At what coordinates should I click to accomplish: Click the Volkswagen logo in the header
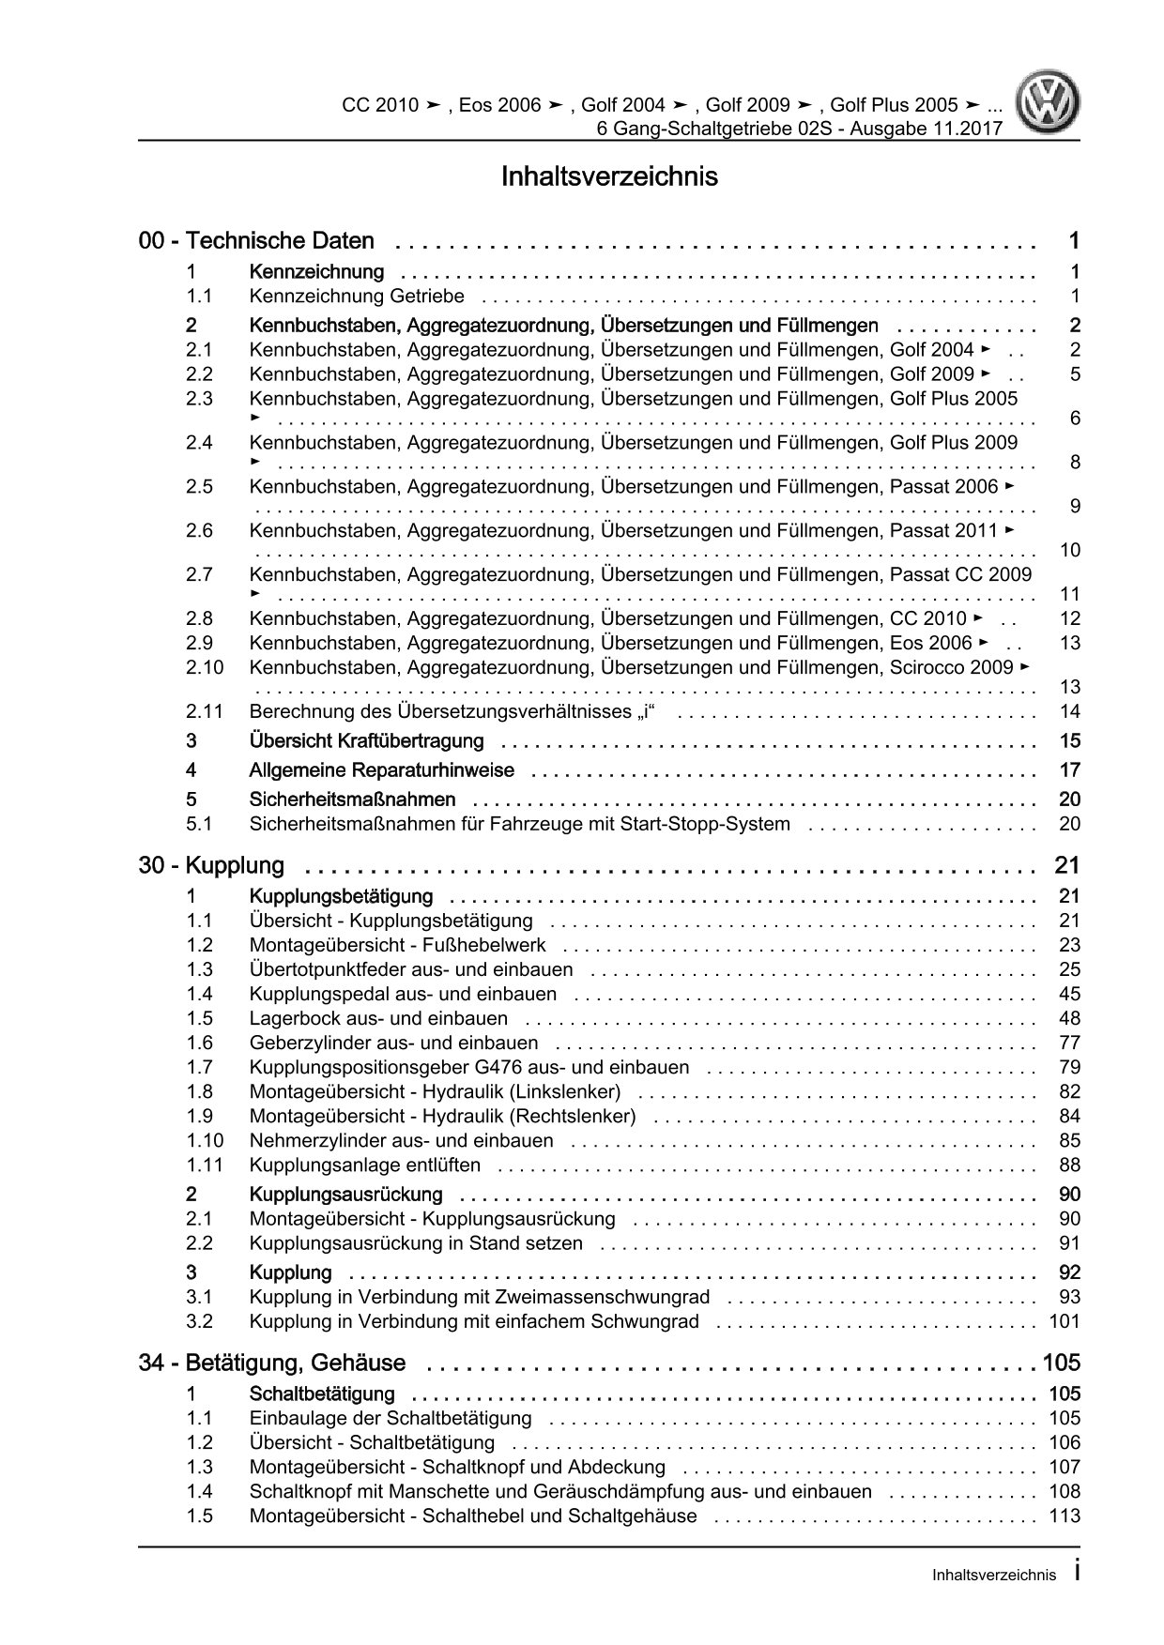tap(1051, 104)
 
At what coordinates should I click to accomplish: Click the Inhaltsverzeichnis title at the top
tap(609, 176)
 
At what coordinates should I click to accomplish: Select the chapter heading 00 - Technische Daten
tap(256, 241)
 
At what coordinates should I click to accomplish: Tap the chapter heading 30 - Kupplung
tap(211, 865)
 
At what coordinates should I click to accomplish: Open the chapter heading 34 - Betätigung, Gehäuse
tap(272, 1363)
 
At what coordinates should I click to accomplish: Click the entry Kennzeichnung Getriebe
tap(357, 297)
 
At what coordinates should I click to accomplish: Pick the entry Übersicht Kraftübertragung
tap(366, 741)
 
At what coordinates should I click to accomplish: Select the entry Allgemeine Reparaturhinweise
tap(381, 770)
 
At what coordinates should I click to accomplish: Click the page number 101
tap(1064, 1321)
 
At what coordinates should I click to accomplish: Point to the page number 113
tap(1064, 1516)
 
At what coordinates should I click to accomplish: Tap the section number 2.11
tap(205, 711)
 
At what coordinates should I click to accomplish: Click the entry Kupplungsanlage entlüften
tap(365, 1165)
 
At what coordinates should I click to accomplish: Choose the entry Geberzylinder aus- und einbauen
tap(394, 1043)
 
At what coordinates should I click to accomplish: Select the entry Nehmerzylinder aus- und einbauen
tap(402, 1141)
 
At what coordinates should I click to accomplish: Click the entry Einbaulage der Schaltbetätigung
tap(391, 1418)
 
